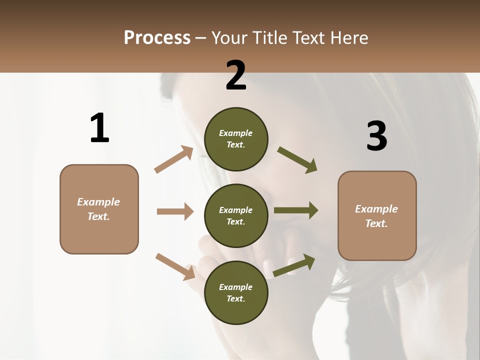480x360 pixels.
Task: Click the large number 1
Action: (x=99, y=128)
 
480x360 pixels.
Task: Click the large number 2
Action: (x=236, y=75)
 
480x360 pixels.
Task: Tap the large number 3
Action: (x=376, y=136)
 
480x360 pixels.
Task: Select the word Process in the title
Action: (x=157, y=37)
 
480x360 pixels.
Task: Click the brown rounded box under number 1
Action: (x=99, y=209)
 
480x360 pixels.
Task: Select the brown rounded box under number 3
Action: (x=377, y=215)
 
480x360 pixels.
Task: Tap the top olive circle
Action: (x=236, y=139)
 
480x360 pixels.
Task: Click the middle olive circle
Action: (x=236, y=215)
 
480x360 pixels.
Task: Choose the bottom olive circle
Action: (x=236, y=292)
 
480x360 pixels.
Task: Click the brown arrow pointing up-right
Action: (x=174, y=159)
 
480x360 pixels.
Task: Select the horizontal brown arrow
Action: (x=175, y=211)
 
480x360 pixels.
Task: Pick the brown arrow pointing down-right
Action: (x=175, y=266)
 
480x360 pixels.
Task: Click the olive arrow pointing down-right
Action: (x=297, y=159)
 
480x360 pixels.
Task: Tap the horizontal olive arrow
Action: (x=295, y=210)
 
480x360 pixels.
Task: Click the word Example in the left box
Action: (x=98, y=202)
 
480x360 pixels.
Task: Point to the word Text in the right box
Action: (x=375, y=223)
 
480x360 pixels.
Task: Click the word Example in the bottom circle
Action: (x=236, y=287)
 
